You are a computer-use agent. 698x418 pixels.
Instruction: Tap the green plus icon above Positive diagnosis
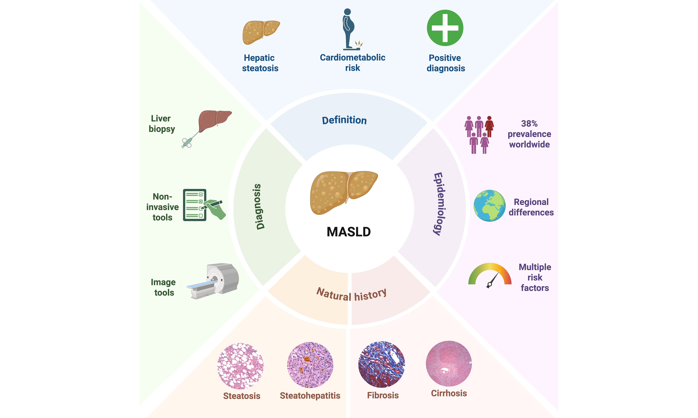tap(445, 28)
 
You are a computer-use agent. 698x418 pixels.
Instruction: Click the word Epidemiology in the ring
tap(439, 204)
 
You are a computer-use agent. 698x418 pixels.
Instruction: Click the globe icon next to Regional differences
tap(490, 206)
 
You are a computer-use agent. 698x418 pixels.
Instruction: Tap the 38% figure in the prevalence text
tap(529, 124)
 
